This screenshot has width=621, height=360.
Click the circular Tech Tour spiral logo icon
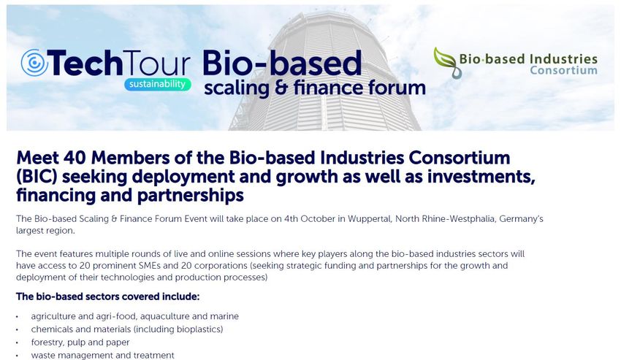[34, 63]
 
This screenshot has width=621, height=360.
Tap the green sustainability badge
[158, 85]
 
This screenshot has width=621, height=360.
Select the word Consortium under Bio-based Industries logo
[563, 70]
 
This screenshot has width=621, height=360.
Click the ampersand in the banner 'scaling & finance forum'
[281, 88]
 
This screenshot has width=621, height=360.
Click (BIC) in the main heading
[37, 177]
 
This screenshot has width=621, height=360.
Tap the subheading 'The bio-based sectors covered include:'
[107, 296]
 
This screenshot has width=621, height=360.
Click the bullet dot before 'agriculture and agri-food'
[18, 317]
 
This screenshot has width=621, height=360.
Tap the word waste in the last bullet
[42, 356]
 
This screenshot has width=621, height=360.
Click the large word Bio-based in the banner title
[282, 63]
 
